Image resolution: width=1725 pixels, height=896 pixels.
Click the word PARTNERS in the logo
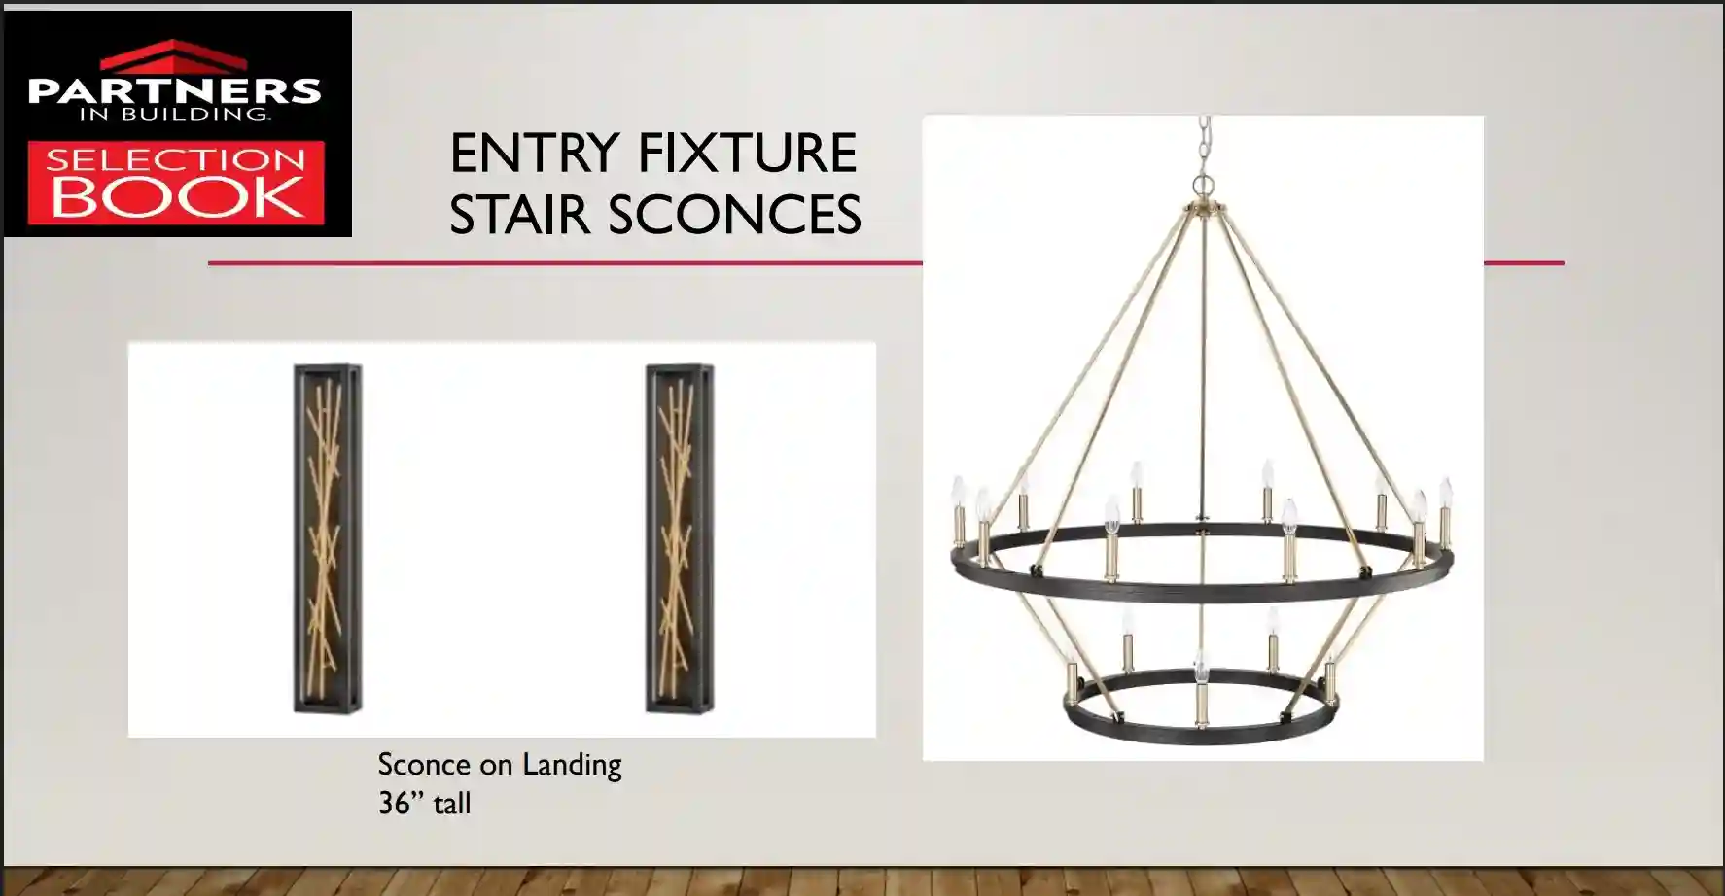pos(175,91)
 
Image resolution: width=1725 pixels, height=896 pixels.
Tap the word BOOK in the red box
pos(176,196)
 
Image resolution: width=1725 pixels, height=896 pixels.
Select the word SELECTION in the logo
pos(176,158)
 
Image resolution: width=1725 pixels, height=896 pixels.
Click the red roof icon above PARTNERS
pos(174,56)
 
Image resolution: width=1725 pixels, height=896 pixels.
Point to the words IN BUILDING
pos(175,114)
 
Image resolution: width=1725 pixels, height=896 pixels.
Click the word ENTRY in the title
pos(534,153)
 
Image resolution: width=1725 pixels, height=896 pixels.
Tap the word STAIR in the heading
pos(519,215)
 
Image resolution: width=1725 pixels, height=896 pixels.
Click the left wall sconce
pos(329,539)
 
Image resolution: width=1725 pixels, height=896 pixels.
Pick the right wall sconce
pos(680,539)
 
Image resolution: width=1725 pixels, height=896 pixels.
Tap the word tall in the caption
pos(452,804)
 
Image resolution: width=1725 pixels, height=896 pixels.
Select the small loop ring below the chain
pos(1204,185)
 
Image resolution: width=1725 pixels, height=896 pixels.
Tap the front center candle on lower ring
pos(1202,690)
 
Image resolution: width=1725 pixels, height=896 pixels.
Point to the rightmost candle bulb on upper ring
pos(1446,491)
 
